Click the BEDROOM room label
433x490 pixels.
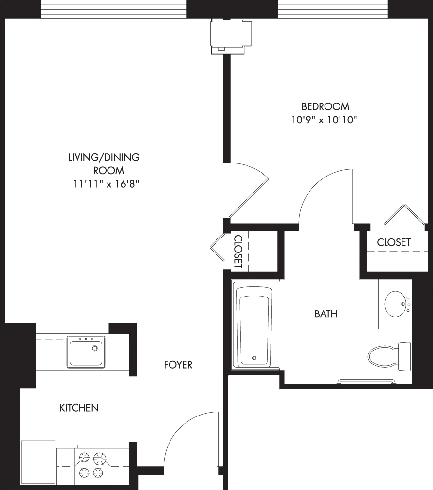[325, 106]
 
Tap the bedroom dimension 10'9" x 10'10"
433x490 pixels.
[325, 120]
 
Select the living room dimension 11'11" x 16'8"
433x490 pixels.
[106, 184]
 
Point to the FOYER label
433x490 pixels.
[178, 365]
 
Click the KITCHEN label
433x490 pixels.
[79, 408]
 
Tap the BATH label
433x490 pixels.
[326, 314]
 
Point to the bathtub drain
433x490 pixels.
[254, 358]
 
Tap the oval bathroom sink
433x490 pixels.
[397, 304]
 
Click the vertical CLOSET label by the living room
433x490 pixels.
[238, 252]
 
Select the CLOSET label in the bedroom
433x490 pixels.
[394, 242]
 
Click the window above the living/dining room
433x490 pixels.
[114, 9]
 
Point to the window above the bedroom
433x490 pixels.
[334, 9]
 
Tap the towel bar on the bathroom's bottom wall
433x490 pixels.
[366, 381]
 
